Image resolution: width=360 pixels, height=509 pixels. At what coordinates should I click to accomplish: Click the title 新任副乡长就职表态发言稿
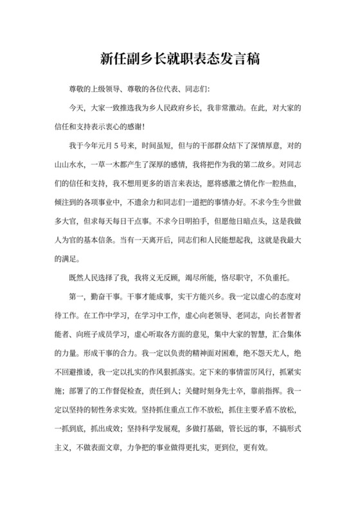click(180, 58)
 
